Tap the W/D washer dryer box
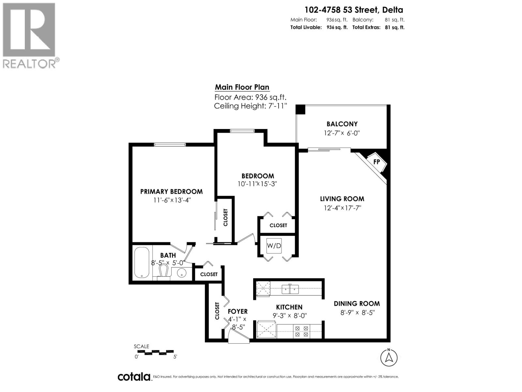(x=274, y=246)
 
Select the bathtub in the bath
(x=142, y=263)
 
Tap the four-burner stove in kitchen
(x=302, y=331)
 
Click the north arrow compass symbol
(x=389, y=357)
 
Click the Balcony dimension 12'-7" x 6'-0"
(x=342, y=133)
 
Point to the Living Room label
(x=342, y=199)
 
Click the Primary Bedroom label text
(x=171, y=191)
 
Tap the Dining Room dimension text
(x=358, y=312)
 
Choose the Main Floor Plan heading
(x=242, y=87)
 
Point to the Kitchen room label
(x=289, y=307)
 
